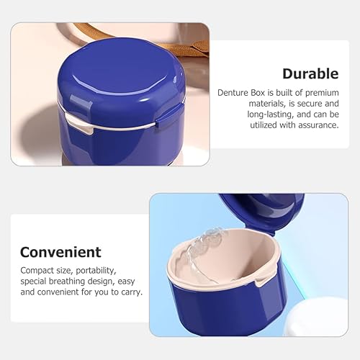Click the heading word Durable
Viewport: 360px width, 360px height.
tap(310, 73)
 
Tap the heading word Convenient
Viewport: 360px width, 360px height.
tap(60, 252)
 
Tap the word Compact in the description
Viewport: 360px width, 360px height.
tap(36, 270)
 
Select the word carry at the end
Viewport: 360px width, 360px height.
tap(132, 292)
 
